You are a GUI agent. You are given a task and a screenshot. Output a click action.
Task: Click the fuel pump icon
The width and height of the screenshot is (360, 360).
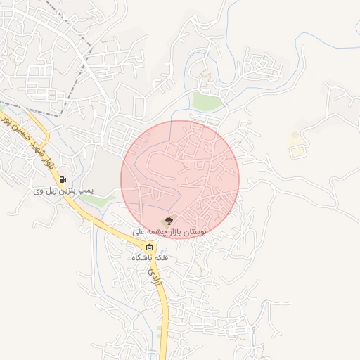[63, 179]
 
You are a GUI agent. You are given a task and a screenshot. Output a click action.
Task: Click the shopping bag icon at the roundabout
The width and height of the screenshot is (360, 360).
[149, 247]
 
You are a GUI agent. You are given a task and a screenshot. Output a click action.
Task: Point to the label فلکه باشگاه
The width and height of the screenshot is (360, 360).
[150, 258]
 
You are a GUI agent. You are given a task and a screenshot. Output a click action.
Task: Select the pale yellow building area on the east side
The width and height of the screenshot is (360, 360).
[298, 150]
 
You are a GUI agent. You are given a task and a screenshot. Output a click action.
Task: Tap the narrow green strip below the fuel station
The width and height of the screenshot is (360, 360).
[91, 200]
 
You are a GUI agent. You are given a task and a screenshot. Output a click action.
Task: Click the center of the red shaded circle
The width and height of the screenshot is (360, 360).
[180, 179]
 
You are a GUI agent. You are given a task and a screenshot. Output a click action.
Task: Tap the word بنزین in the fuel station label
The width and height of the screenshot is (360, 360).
[67, 191]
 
